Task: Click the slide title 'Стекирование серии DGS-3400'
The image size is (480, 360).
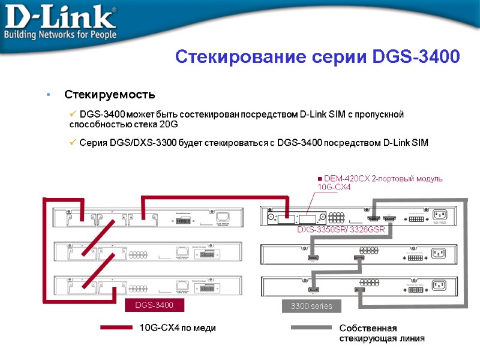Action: (317, 57)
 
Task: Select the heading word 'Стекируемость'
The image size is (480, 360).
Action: (110, 95)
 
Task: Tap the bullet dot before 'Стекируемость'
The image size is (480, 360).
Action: (47, 95)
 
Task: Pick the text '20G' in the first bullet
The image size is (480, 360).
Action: (169, 124)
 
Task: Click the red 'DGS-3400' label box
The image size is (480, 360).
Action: (154, 306)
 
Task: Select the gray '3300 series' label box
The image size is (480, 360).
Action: (311, 307)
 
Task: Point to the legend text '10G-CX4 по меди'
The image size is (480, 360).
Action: (177, 328)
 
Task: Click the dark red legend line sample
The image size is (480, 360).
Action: (116, 328)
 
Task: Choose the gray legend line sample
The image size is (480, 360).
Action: (311, 328)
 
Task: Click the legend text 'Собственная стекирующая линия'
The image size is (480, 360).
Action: (382, 333)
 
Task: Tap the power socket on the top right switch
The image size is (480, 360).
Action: (439, 215)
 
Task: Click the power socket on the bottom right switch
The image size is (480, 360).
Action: (439, 285)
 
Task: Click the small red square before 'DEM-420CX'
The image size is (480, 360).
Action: (319, 179)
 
